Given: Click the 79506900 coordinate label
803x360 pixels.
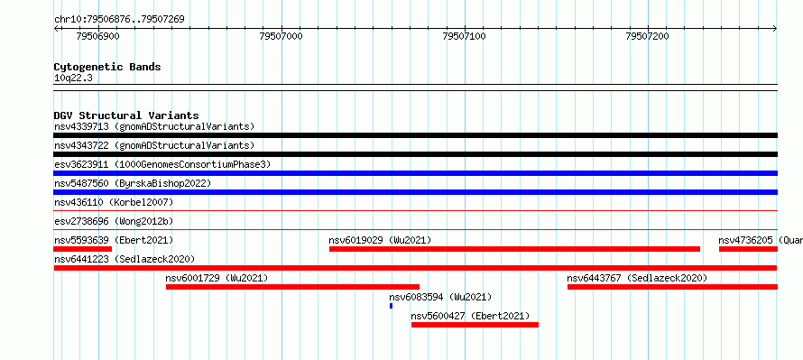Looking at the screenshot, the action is coord(97,36).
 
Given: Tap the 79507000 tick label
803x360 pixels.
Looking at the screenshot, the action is coord(282,36).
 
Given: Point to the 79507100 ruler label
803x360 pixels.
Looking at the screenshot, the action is coord(464,36).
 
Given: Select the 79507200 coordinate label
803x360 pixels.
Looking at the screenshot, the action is coord(647,36).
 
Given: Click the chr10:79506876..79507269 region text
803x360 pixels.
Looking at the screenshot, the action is coord(119,20).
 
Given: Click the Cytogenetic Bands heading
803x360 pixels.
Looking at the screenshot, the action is coord(107,67).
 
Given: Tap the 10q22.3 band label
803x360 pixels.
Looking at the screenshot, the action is coord(73,78).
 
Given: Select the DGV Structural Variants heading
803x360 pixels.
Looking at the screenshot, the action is coord(126,115).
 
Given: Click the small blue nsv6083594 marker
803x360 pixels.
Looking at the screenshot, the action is coord(392,306).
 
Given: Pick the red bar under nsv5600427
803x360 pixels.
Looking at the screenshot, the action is coord(475,325).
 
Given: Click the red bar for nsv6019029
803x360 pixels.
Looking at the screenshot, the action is coord(514,249).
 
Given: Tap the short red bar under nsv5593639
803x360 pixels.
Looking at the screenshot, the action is coord(82,249).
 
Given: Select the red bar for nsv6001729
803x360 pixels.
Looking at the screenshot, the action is coord(292,287).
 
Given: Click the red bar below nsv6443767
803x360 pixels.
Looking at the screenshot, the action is coord(672,287).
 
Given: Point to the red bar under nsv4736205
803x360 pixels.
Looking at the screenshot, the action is coord(748,249).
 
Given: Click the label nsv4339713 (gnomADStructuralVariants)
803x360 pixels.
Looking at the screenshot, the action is coord(154,126).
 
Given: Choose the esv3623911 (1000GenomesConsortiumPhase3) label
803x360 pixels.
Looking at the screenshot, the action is coord(162,164).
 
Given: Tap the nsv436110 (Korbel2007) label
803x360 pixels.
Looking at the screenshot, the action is coord(114,202).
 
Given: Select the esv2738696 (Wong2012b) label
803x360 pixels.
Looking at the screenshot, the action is coord(114,221).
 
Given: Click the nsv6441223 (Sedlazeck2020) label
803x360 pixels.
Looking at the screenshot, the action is coord(125,259).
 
